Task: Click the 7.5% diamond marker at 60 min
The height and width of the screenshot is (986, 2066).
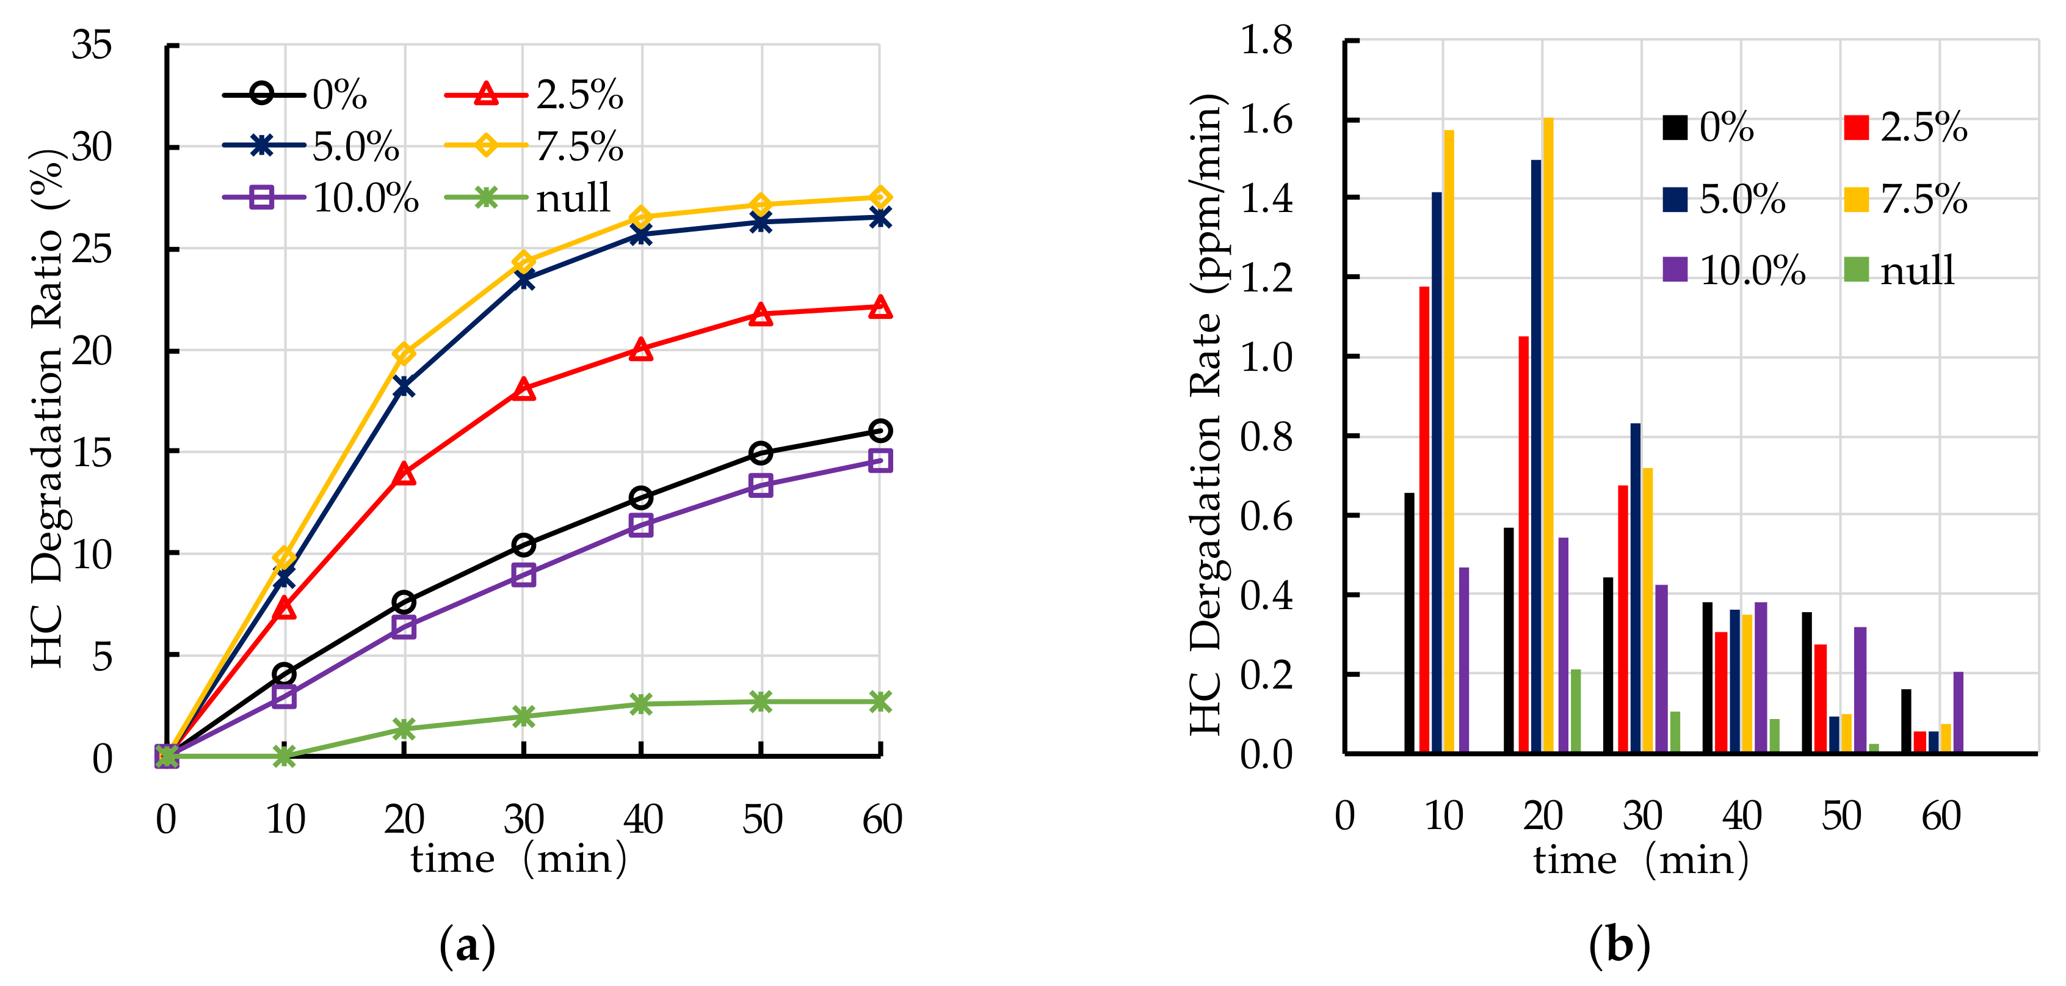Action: pos(880,197)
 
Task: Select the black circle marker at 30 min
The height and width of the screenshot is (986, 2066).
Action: pos(524,546)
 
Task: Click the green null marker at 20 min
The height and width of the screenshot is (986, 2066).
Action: pos(404,728)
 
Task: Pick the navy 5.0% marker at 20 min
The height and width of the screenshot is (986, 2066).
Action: pos(404,387)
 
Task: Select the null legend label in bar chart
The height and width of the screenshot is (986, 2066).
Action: pos(1917,271)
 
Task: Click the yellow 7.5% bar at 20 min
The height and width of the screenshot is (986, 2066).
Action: pos(1548,433)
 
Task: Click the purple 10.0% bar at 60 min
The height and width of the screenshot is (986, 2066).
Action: pos(1958,712)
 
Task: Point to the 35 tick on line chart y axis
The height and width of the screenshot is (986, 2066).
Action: pos(92,45)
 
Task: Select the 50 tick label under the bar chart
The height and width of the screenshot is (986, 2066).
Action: pos(1841,817)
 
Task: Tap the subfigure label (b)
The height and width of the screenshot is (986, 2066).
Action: pos(1619,945)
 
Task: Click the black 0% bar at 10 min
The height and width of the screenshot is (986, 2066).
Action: pos(1409,623)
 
